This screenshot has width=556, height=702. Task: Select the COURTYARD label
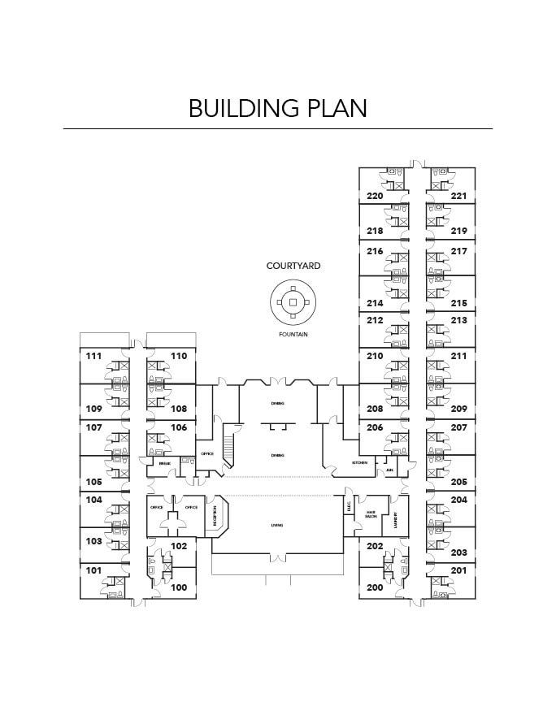pos(293,266)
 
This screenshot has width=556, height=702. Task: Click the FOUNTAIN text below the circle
pos(293,334)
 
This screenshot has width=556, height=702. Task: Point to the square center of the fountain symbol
pos(293,302)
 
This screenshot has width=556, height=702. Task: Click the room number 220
pos(375,196)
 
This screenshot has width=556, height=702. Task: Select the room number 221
pos(459,196)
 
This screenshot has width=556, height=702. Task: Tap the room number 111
pos(93,356)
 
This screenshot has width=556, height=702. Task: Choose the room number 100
pos(179,587)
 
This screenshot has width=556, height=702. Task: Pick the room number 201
pos(459,570)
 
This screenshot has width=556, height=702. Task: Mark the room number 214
pos(375,302)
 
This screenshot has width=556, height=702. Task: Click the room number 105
pos(93,481)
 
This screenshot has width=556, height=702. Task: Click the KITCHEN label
pos(359,462)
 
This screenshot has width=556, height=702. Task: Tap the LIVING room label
pos(276,526)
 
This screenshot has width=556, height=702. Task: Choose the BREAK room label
pos(164,463)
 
